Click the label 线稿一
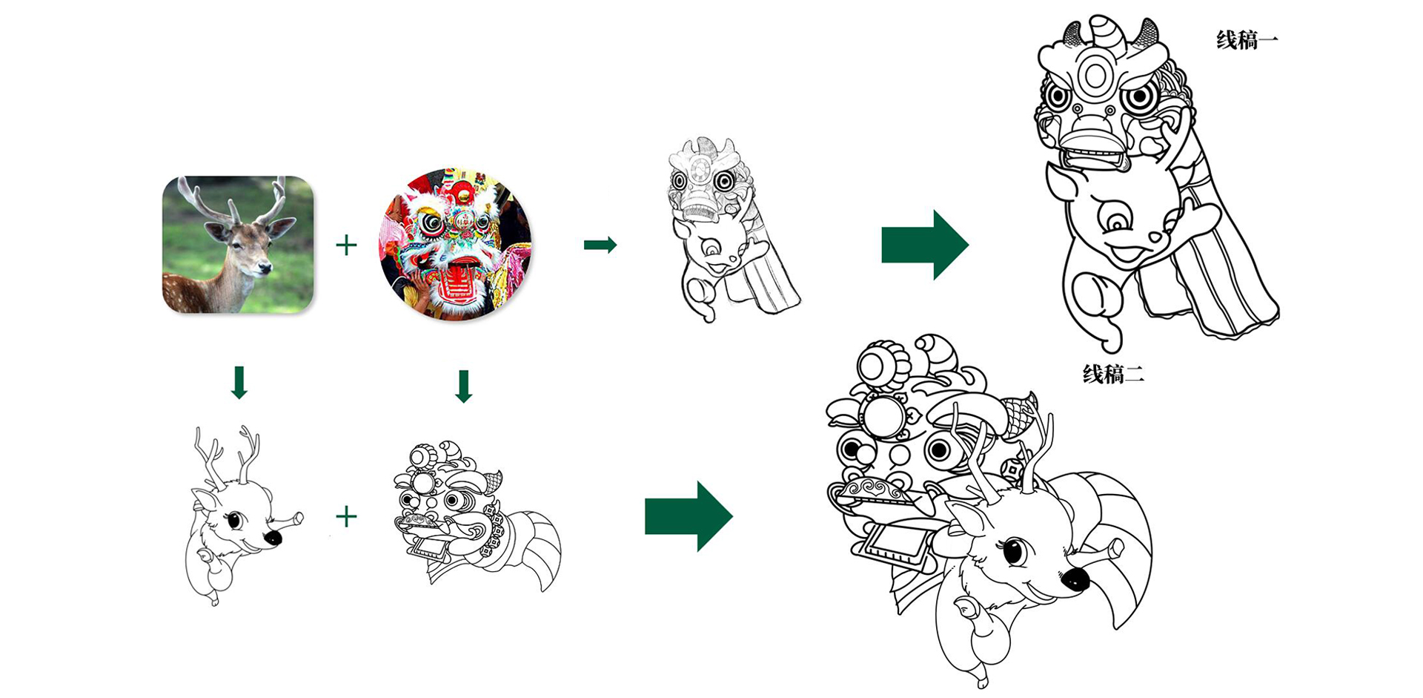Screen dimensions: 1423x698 click(x=1247, y=40)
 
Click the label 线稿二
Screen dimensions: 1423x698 click(x=1113, y=374)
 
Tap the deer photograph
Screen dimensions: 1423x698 click(x=238, y=244)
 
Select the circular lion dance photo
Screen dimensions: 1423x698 click(x=455, y=244)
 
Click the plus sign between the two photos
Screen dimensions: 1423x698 click(x=346, y=245)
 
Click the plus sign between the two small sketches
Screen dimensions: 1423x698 click(x=346, y=516)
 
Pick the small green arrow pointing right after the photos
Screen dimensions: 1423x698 click(x=600, y=245)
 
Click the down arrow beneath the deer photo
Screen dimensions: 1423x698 click(x=239, y=382)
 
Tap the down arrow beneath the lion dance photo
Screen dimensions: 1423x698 click(x=464, y=386)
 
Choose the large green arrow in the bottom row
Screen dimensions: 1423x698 click(x=689, y=516)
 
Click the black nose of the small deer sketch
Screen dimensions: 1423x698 click(x=273, y=537)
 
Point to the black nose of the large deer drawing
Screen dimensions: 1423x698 click(x=1075, y=579)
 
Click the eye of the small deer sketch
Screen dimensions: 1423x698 click(x=235, y=520)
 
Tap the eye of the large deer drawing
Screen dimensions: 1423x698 click(x=1014, y=551)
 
